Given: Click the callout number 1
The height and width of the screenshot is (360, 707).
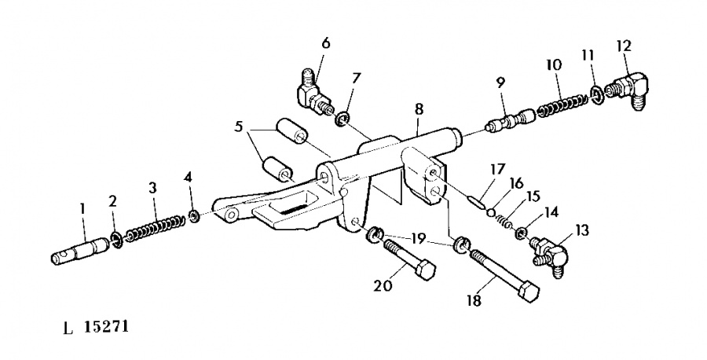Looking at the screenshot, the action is (x=82, y=209).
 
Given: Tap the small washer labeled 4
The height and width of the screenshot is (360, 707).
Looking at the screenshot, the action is (x=195, y=216).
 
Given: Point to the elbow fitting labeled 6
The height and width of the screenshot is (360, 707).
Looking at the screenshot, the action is (x=315, y=94).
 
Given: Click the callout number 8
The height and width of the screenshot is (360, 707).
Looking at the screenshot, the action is (x=419, y=109).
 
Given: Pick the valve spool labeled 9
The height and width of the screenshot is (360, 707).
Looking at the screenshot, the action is (x=510, y=120).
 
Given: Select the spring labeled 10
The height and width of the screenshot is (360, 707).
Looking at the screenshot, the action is (x=562, y=105).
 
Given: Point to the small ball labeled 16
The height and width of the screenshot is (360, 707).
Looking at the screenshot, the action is (x=492, y=212).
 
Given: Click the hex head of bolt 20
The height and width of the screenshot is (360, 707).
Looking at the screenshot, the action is (x=425, y=270).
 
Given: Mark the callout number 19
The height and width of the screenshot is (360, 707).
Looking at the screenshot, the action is (x=419, y=238).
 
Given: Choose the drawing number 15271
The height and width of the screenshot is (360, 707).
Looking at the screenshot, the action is (x=106, y=326).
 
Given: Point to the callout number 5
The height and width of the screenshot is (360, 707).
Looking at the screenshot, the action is (x=239, y=127).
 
